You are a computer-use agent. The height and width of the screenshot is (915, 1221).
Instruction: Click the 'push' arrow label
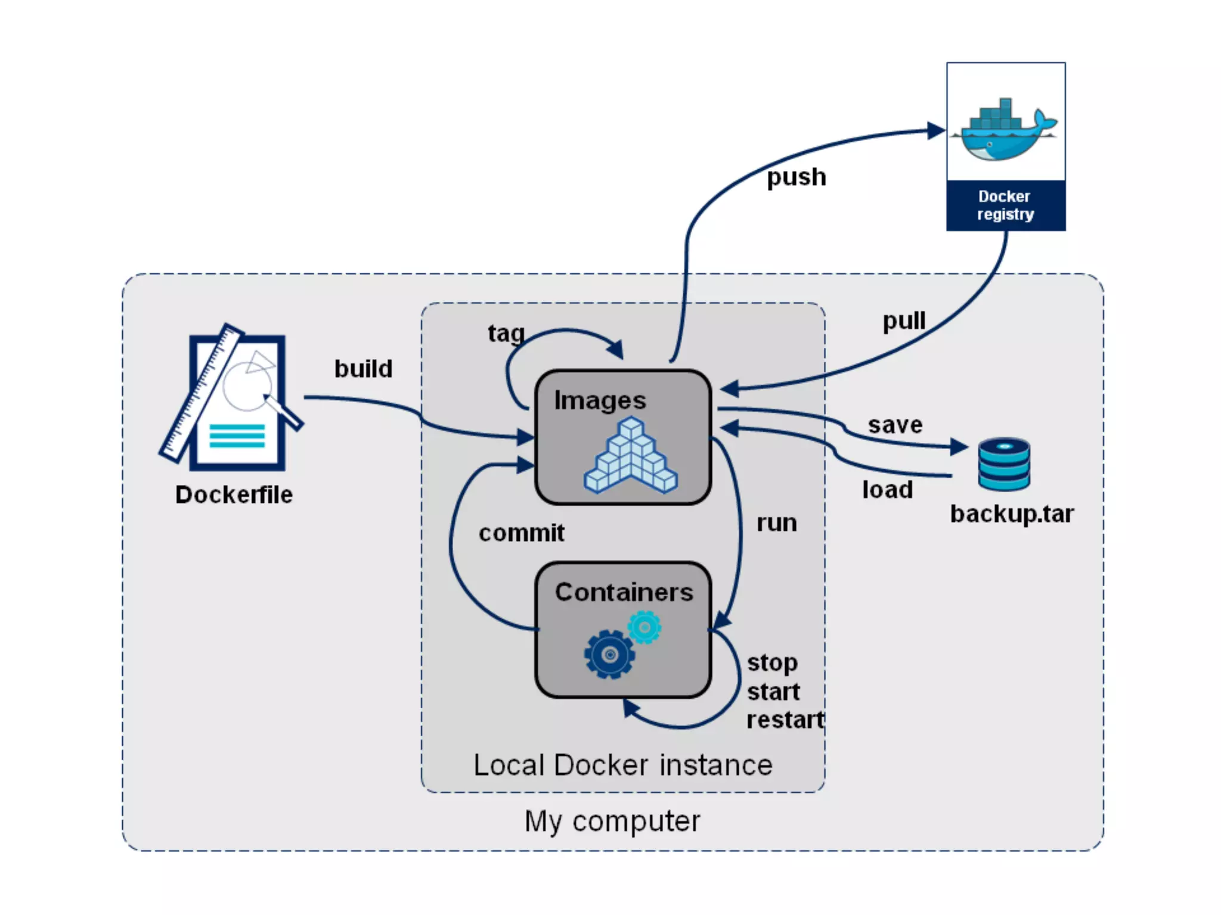coord(796,177)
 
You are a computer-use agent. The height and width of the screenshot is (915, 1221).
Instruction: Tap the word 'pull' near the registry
coord(904,320)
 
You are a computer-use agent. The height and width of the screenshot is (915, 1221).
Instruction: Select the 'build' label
coord(363,369)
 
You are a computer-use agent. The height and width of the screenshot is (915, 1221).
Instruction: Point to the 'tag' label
coord(506,333)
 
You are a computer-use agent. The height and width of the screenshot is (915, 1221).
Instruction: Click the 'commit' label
coord(521,533)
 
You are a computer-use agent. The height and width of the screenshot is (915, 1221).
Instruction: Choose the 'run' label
coord(776,522)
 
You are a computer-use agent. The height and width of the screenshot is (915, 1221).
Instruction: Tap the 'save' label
coord(895,425)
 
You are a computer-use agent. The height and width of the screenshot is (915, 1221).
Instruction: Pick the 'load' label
coord(887,490)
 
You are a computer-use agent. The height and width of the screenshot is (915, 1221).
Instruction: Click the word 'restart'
coord(785,720)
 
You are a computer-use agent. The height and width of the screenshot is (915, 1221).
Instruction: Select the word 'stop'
coord(772,662)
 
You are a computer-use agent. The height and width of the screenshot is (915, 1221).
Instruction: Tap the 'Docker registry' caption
coord(1005,205)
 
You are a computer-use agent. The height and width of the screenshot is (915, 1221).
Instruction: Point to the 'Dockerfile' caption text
coord(234,494)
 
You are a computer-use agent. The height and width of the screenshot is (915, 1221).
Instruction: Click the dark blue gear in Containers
coord(609,655)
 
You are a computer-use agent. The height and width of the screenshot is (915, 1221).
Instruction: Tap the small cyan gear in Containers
coord(644,627)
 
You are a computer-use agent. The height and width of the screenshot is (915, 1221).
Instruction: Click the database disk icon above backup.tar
coord(1004,464)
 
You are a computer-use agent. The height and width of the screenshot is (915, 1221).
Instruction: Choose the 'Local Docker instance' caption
coord(622,765)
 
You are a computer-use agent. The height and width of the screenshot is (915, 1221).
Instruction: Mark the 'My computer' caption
coord(612,821)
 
